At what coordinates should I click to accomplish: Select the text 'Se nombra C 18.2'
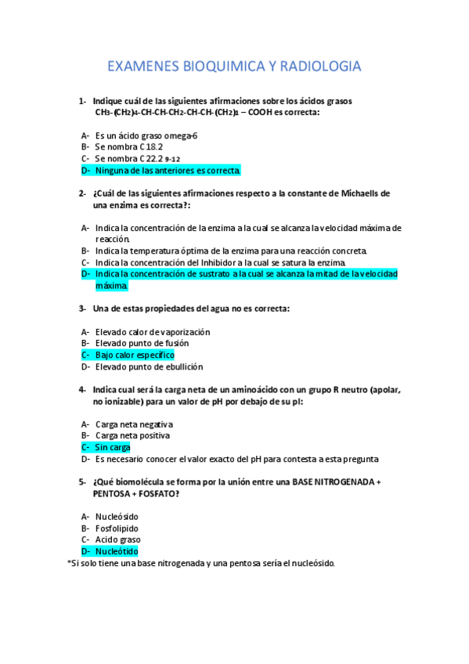click(x=128, y=146)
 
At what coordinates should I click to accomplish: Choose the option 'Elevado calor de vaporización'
click(x=152, y=332)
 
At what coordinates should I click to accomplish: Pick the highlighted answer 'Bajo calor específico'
click(x=135, y=355)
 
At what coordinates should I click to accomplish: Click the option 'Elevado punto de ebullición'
click(x=149, y=366)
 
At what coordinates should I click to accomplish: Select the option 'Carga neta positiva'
click(x=132, y=435)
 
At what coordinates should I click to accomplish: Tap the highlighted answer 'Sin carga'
click(x=113, y=447)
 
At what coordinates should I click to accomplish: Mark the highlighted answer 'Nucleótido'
click(x=117, y=551)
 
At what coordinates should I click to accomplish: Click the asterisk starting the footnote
click(x=69, y=562)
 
